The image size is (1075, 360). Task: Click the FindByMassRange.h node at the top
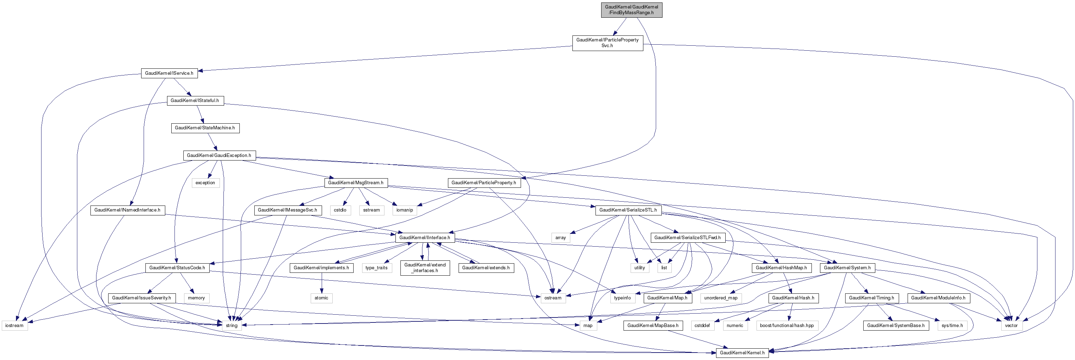pyautogui.click(x=631, y=10)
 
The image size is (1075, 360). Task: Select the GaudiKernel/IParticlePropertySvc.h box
pyautogui.click(x=607, y=43)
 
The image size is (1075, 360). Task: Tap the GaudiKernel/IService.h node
pyautogui.click(x=169, y=73)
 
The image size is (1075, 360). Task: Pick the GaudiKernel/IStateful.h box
pyautogui.click(x=195, y=101)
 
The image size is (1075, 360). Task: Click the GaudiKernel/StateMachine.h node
pyautogui.click(x=205, y=128)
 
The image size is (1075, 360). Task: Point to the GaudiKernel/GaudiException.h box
pyautogui.click(x=219, y=156)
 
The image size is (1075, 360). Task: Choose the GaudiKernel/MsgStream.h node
pyautogui.click(x=355, y=183)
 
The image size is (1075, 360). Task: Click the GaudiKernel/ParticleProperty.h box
pyautogui.click(x=484, y=183)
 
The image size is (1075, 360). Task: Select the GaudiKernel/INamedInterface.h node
pyautogui.click(x=127, y=210)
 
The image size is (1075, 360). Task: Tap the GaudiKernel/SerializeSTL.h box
pyautogui.click(x=628, y=210)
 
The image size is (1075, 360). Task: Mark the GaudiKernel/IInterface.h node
pyautogui.click(x=425, y=238)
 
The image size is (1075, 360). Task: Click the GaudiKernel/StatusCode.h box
pyautogui.click(x=177, y=268)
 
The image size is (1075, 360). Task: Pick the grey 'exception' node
pyautogui.click(x=205, y=183)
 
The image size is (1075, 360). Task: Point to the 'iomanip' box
pyautogui.click(x=404, y=210)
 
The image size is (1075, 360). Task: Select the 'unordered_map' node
pyautogui.click(x=721, y=298)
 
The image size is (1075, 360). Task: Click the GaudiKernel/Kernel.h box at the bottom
pyautogui.click(x=742, y=353)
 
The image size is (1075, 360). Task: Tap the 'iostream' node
pyautogui.click(x=15, y=325)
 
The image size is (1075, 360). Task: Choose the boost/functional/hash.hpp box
pyautogui.click(x=787, y=325)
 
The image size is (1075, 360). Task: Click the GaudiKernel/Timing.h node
pyautogui.click(x=871, y=298)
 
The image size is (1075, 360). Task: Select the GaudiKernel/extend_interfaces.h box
pyautogui.click(x=425, y=268)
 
